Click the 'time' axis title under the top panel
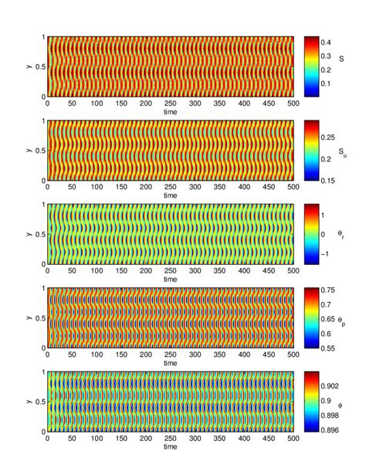[x=171, y=112]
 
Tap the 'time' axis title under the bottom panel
[x=171, y=446]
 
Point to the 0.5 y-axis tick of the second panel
[x=40, y=151]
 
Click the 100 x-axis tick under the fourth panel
[x=97, y=354]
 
